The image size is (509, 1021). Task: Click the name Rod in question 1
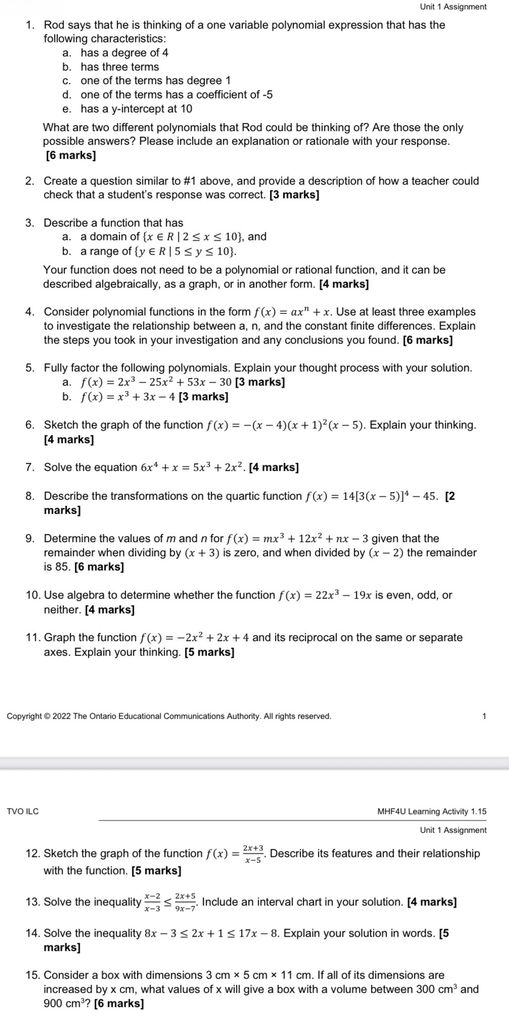pyautogui.click(x=54, y=25)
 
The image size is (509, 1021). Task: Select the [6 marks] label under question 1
pyautogui.click(x=71, y=156)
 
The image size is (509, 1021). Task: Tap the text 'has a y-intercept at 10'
pyautogui.click(x=136, y=109)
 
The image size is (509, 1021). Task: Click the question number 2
pyautogui.click(x=29, y=181)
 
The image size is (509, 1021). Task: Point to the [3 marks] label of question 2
pyautogui.click(x=295, y=195)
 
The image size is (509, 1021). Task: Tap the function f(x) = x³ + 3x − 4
pyautogui.click(x=128, y=397)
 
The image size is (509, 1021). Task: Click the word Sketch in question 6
pyautogui.click(x=61, y=425)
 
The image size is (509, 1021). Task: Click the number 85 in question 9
pyautogui.click(x=63, y=567)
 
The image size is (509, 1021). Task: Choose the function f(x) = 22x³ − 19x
pyautogui.click(x=326, y=595)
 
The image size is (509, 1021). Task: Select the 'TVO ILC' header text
pyautogui.click(x=23, y=811)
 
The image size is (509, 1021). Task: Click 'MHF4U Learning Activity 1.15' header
pyautogui.click(x=432, y=811)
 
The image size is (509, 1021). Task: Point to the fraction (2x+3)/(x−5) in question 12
pyautogui.click(x=253, y=854)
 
